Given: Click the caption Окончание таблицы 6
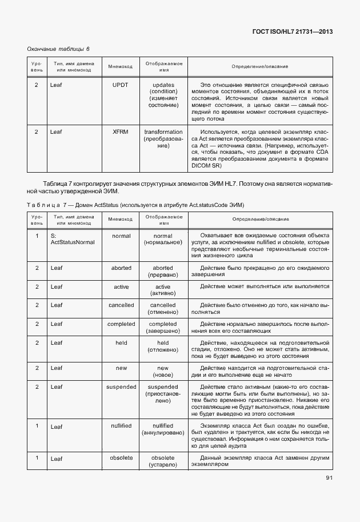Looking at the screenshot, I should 59,49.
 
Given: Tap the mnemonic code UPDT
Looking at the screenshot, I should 121,85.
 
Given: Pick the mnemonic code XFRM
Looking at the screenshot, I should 121,132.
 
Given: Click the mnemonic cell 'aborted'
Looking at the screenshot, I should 121,268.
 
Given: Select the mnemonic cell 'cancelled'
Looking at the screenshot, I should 121,305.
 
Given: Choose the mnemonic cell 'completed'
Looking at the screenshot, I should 121,324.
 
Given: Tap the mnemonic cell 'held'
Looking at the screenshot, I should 121,342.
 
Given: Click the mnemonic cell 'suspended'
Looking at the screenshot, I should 121,387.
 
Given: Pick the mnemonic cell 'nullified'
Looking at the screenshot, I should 121,426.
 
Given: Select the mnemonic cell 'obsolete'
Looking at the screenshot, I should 121,457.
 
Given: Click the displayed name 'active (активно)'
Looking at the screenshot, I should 163,290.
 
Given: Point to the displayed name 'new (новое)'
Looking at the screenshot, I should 163,372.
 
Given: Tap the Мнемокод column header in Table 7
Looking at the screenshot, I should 121,219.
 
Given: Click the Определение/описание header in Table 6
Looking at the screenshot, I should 260,67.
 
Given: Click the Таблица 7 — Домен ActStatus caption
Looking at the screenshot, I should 135,204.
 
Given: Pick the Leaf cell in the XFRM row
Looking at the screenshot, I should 56,132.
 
